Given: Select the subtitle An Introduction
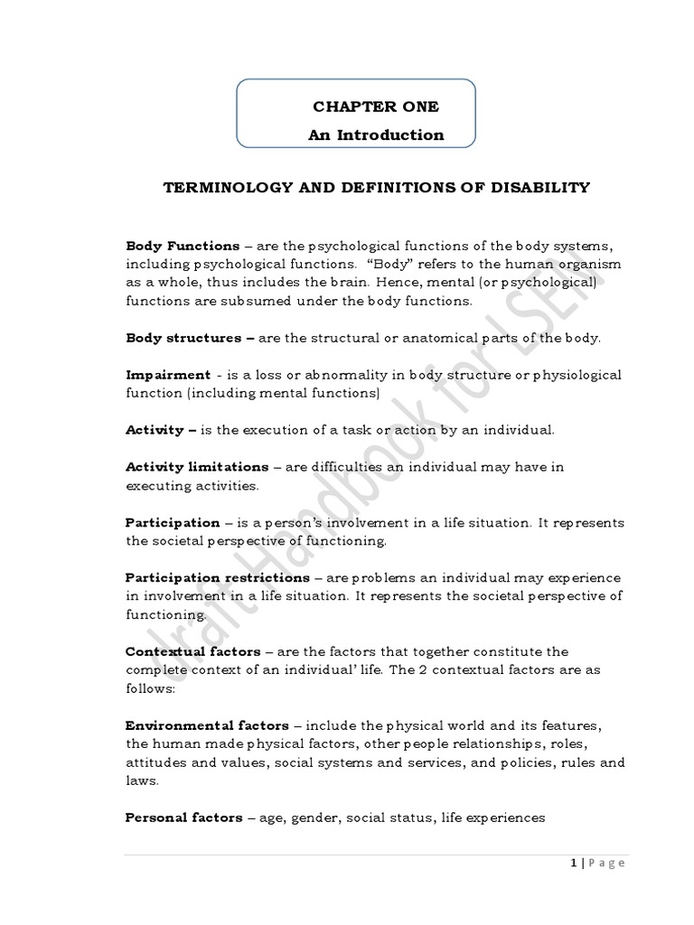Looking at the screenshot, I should tap(376, 135).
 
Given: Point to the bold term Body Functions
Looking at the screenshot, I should tap(183, 246).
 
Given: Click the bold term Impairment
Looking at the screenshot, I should tap(168, 375).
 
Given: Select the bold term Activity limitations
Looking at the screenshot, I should tap(197, 467).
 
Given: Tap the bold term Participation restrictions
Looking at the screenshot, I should tap(217, 577).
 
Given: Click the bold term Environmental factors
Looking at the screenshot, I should tap(207, 725).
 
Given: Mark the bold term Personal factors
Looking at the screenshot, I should tap(183, 818).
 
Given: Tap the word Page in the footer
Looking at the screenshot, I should tap(607, 863).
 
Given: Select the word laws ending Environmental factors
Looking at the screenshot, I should tap(140, 780).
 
